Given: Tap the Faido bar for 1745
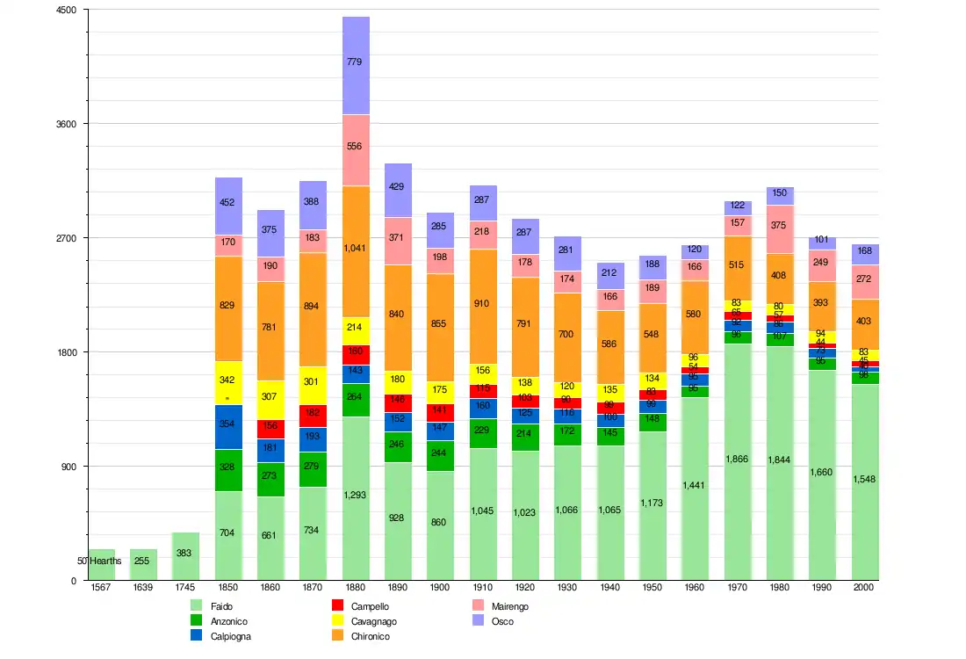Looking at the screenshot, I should coord(185,556).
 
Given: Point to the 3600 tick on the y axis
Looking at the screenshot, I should coord(67,124).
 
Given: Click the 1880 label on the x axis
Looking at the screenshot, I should coord(356,587).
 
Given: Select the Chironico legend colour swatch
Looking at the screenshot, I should coord(337,636).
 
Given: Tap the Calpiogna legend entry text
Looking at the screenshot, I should coord(232,636).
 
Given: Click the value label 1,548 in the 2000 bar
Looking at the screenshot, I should coord(865,479).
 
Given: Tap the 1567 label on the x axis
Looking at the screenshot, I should coord(101,587).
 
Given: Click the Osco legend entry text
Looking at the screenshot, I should coord(503,621).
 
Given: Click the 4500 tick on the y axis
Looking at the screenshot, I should coord(67,10).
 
